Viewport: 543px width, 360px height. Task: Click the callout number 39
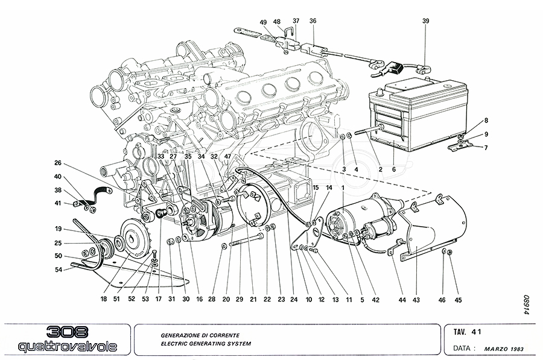[425, 22]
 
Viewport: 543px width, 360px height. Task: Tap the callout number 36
[313, 22]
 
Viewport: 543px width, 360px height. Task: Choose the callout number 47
[227, 157]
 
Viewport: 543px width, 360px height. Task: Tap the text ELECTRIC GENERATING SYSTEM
[205, 344]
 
